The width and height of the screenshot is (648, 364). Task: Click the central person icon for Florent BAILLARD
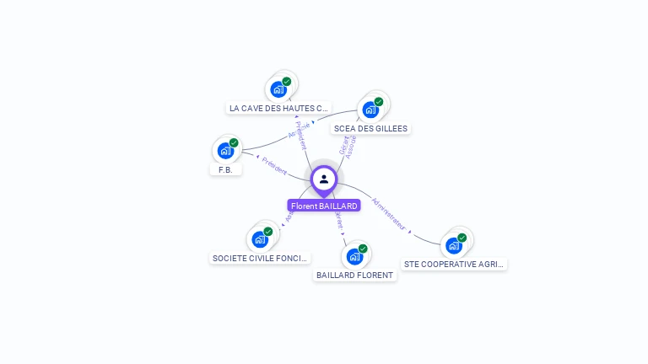[323, 179]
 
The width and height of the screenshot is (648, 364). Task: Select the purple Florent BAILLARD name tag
[324, 206]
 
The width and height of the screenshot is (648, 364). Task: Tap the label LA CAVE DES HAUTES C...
[278, 109]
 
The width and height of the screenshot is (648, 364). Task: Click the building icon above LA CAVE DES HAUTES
[278, 88]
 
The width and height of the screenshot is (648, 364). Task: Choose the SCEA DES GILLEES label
[370, 129]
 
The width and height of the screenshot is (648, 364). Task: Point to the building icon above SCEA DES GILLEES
[370, 110]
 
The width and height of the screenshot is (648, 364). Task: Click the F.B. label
[225, 169]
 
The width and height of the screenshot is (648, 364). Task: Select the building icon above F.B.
[224, 151]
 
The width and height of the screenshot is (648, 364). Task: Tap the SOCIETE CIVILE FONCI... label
[261, 258]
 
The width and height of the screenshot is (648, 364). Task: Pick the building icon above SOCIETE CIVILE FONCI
[259, 239]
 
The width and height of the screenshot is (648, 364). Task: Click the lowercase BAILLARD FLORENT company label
[354, 276]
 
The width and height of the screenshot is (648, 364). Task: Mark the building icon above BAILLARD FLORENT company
[354, 256]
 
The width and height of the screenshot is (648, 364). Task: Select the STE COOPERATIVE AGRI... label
[455, 264]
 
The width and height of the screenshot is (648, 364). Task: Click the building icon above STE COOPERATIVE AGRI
[453, 245]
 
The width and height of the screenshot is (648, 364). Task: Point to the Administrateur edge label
[389, 214]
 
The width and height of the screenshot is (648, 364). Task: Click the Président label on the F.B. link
[274, 165]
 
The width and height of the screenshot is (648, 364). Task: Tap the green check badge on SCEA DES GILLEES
[379, 102]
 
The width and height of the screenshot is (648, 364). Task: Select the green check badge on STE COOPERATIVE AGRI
[462, 238]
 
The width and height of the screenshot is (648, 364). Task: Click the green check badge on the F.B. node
[234, 143]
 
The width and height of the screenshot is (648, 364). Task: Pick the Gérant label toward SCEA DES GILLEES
[343, 146]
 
